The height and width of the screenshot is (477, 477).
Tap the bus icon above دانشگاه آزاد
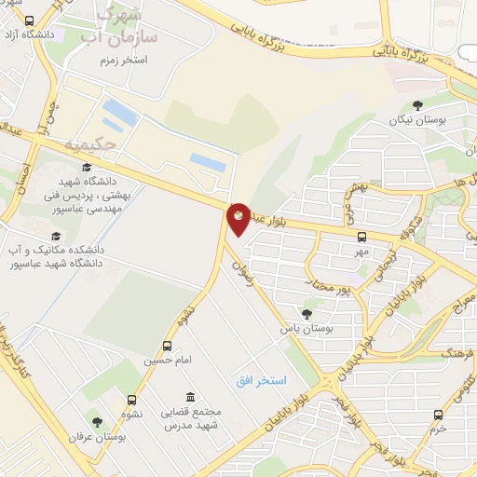pyautogui.click(x=29, y=20)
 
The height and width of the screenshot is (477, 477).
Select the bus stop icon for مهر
pyautogui.click(x=361, y=238)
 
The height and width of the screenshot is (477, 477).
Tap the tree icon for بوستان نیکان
pyautogui.click(x=416, y=106)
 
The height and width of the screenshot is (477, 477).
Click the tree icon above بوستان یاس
pyautogui.click(x=307, y=314)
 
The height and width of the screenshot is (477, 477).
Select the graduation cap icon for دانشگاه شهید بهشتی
pyautogui.click(x=87, y=168)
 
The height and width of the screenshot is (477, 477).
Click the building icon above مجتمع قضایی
pyautogui.click(x=190, y=397)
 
